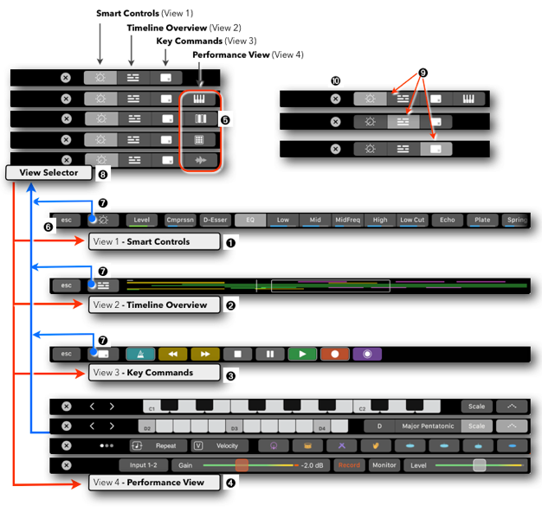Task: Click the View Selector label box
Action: [48, 173]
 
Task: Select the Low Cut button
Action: [413, 220]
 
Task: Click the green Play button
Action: [302, 354]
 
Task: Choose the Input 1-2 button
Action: [144, 465]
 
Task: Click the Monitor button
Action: [384, 465]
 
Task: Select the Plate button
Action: [482, 220]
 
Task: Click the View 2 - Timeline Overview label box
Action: [153, 304]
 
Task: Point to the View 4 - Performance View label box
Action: [152, 483]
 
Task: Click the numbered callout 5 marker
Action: [226, 119]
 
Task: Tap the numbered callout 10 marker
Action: [335, 81]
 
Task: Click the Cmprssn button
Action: [180, 220]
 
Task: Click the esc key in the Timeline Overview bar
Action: [65, 284]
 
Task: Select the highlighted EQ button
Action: [250, 220]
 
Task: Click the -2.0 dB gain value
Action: [312, 465]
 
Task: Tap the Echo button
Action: [447, 220]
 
